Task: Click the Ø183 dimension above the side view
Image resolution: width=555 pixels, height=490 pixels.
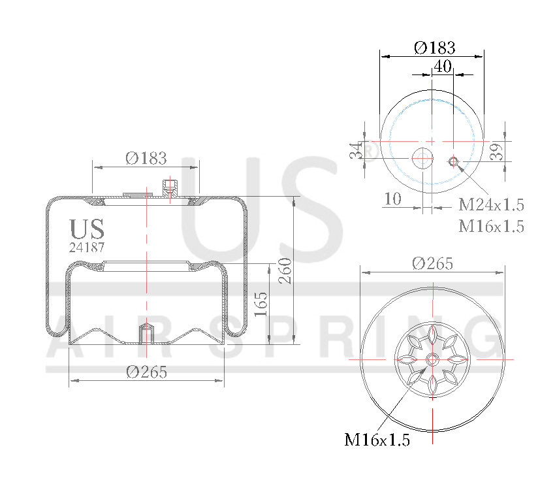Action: [x=146, y=158]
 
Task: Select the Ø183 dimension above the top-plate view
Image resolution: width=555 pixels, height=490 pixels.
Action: [x=434, y=48]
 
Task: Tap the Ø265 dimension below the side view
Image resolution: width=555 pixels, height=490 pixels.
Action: [x=146, y=372]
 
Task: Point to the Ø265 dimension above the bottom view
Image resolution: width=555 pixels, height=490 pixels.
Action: [x=432, y=263]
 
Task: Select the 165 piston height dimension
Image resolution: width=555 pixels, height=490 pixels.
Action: [x=261, y=304]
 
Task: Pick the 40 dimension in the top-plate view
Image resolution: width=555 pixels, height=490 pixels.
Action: [x=443, y=66]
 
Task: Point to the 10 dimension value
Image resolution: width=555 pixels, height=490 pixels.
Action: [x=392, y=199]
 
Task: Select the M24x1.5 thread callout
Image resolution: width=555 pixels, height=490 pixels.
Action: [x=491, y=205]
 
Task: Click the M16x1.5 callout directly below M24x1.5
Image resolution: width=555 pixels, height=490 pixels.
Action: [x=491, y=226]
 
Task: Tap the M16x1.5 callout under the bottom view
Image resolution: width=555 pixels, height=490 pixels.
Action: [x=377, y=440]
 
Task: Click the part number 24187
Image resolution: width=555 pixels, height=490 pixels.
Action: [x=87, y=248]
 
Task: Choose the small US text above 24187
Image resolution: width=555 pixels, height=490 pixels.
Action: [x=87, y=229]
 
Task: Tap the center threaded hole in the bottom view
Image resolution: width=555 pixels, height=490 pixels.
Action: [x=432, y=359]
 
